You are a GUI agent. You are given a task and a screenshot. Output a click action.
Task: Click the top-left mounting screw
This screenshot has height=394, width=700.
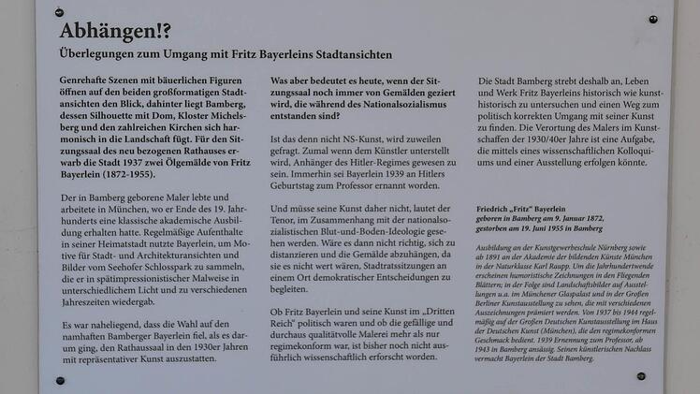[x=60, y=12]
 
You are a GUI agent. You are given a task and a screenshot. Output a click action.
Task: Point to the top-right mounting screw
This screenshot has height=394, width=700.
[x=653, y=19]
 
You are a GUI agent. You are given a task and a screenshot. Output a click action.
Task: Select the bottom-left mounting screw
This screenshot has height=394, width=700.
[x=60, y=381]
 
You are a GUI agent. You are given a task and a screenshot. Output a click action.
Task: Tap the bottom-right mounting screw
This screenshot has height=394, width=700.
[x=641, y=375]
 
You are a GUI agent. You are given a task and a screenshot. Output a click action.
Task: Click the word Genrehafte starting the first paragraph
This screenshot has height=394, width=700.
[x=85, y=82]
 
